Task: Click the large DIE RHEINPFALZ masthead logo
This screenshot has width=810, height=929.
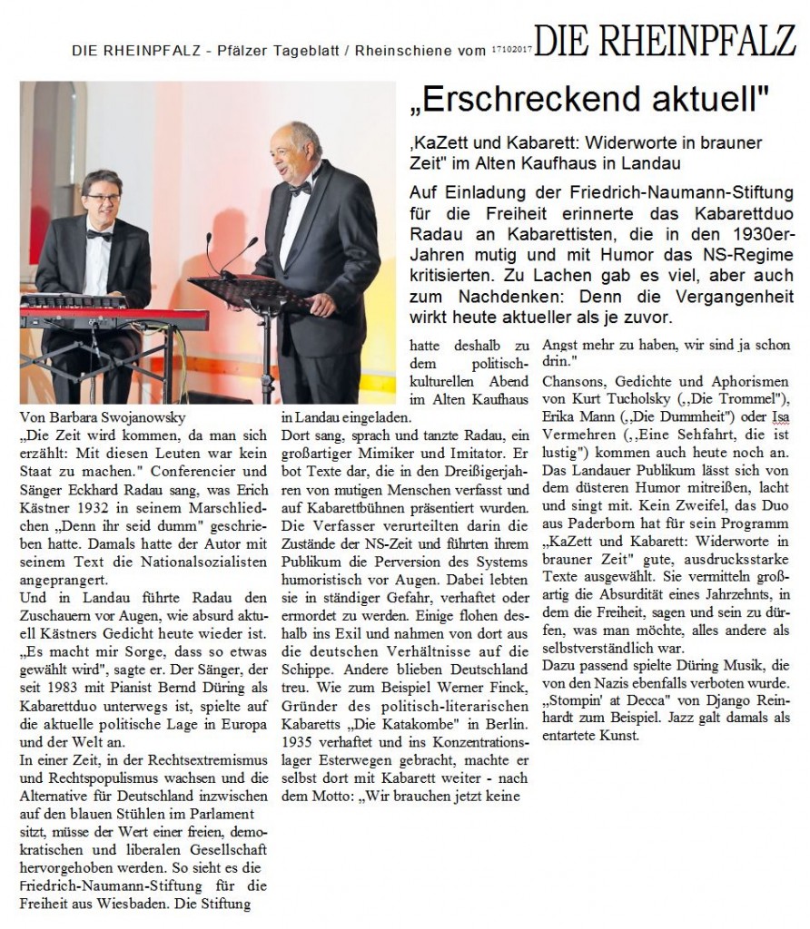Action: (665, 41)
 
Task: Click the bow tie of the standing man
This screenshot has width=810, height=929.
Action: (301, 188)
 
